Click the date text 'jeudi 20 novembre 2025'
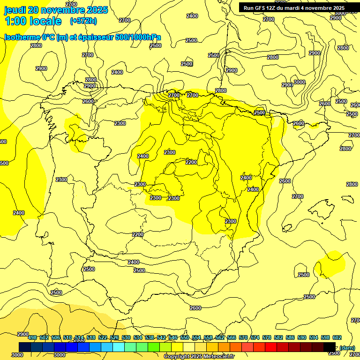56,10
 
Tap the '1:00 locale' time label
33,21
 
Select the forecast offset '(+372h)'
83,21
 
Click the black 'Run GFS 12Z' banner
294,8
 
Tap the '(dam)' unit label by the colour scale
347,347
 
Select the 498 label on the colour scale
32,337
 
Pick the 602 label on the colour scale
337,337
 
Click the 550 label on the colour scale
185,337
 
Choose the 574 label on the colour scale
255,337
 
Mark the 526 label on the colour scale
114,337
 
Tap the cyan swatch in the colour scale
118,347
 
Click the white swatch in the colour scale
188,347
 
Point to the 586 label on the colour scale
290,337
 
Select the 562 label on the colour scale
220,337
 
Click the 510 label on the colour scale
67,337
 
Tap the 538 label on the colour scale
150,337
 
